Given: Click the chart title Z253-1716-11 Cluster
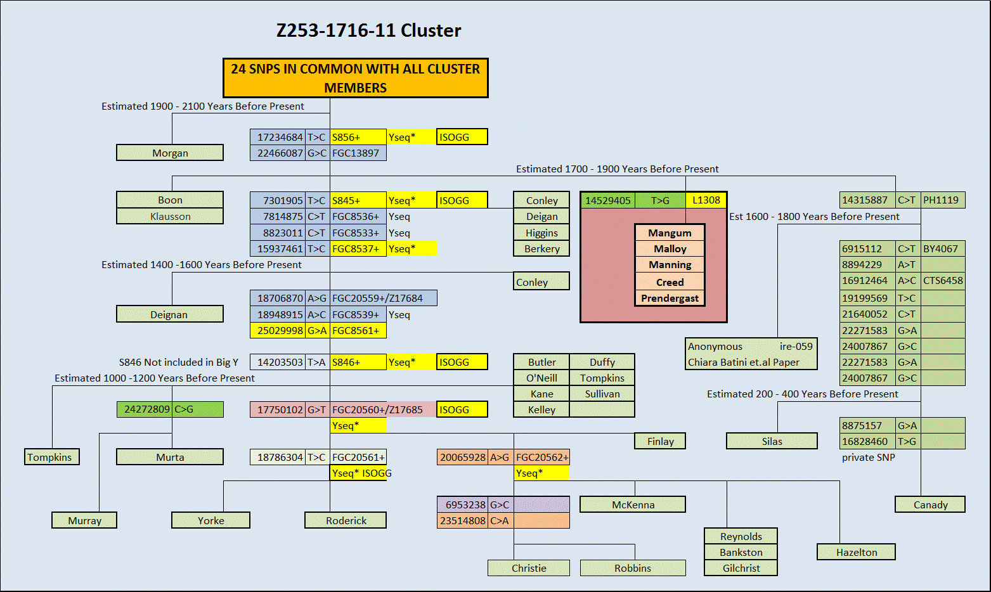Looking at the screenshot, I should (x=368, y=30).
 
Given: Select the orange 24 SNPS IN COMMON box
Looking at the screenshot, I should (x=355, y=78).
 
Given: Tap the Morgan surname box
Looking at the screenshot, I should (x=170, y=153).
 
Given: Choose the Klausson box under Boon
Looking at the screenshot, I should (x=170, y=216).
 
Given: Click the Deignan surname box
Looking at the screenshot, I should (x=169, y=314).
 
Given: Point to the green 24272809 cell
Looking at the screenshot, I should (x=146, y=409).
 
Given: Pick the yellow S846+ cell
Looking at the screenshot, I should (x=358, y=362).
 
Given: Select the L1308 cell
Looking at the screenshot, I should (x=706, y=200).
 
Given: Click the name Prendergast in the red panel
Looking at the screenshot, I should (x=670, y=298).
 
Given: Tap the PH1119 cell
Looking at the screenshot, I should (x=942, y=200).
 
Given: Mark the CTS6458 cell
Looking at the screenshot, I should (x=942, y=280).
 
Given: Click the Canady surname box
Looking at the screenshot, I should (x=930, y=505).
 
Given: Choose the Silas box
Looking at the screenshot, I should (x=772, y=441).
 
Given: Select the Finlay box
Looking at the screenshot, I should (x=660, y=441).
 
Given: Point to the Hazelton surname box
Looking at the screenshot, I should (x=856, y=552).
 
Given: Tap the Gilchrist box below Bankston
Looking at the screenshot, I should (x=741, y=568).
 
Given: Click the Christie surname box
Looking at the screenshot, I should (x=529, y=568).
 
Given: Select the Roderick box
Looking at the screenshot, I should (x=346, y=520).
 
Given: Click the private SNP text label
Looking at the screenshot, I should (x=868, y=457).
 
